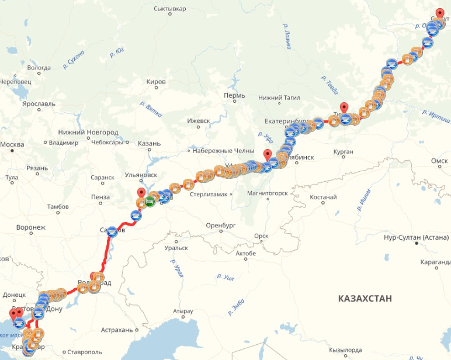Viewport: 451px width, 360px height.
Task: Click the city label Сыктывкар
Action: (x=169, y=9)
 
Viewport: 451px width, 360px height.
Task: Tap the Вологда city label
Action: (x=39, y=68)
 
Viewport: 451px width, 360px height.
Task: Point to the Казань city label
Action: (x=150, y=144)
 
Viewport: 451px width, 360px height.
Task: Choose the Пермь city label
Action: (x=234, y=95)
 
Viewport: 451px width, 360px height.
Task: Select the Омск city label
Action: (x=439, y=161)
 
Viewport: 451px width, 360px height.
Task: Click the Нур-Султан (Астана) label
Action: (x=416, y=238)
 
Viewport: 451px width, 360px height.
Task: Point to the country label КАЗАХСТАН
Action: (x=365, y=299)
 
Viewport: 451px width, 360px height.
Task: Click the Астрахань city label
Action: (x=117, y=330)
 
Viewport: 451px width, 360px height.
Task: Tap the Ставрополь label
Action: (x=85, y=352)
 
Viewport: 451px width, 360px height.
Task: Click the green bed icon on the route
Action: (x=150, y=202)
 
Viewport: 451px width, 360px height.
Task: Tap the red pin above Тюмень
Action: (x=345, y=108)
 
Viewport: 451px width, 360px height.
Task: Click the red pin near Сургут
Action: (x=439, y=13)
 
